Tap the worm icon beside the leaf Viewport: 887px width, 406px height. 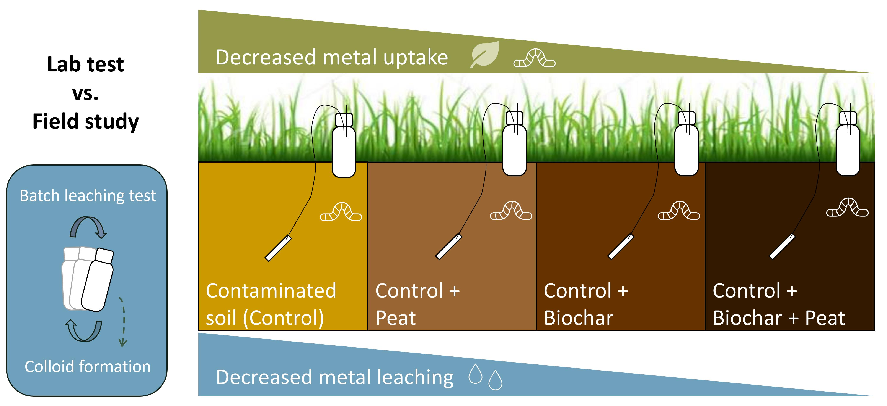tap(534, 58)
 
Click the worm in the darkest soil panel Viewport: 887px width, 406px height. tap(847, 208)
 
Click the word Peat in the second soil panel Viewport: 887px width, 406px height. tap(396, 318)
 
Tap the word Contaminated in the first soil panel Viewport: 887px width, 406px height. tap(271, 291)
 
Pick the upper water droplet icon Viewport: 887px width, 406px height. tap(476, 374)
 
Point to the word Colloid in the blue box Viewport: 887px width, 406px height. tap(50, 366)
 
